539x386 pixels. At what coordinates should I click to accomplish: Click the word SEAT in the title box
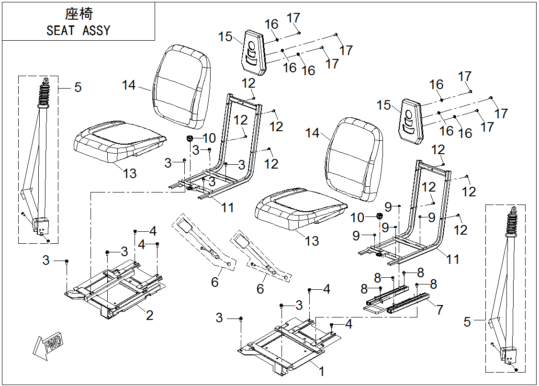pyautogui.click(x=60, y=31)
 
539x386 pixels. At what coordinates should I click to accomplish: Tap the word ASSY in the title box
pyautogui.click(x=96, y=31)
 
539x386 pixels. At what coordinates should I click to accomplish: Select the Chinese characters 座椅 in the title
pyautogui.click(x=79, y=13)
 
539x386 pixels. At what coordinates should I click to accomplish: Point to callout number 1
pyautogui.click(x=322, y=371)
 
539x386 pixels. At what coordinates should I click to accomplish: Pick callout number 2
pyautogui.click(x=149, y=315)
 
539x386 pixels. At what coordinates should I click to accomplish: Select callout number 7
pyautogui.click(x=439, y=309)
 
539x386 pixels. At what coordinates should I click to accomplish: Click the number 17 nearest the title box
pyautogui.click(x=293, y=18)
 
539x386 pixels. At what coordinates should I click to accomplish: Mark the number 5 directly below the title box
pyautogui.click(x=78, y=88)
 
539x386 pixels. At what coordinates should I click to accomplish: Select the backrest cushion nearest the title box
pyautogui.click(x=182, y=86)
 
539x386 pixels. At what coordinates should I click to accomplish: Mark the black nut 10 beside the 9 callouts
pyautogui.click(x=379, y=217)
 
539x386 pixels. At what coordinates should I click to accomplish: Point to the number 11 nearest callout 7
pyautogui.click(x=453, y=259)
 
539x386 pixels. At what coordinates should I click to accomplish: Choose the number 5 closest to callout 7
pyautogui.click(x=467, y=322)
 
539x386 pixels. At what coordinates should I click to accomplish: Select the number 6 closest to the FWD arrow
pyautogui.click(x=215, y=282)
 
